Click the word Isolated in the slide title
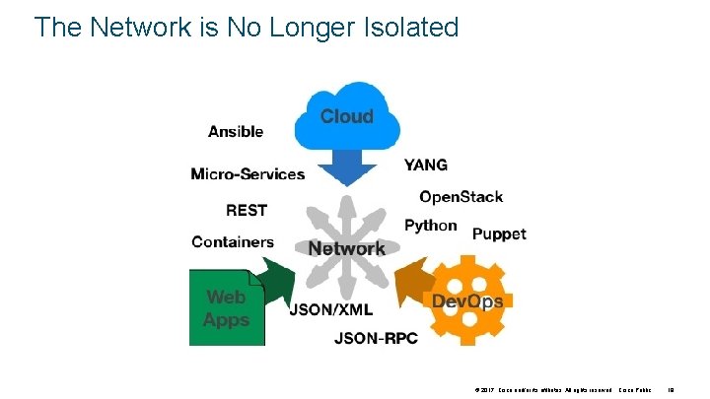click(406, 27)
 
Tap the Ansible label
click(236, 131)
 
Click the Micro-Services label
click(248, 174)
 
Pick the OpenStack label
click(461, 196)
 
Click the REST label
click(247, 210)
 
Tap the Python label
click(431, 226)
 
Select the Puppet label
click(499, 234)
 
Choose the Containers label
click(233, 242)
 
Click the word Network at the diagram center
click(347, 248)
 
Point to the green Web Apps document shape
click(226, 307)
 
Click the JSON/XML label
click(330, 309)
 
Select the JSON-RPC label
click(377, 339)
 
